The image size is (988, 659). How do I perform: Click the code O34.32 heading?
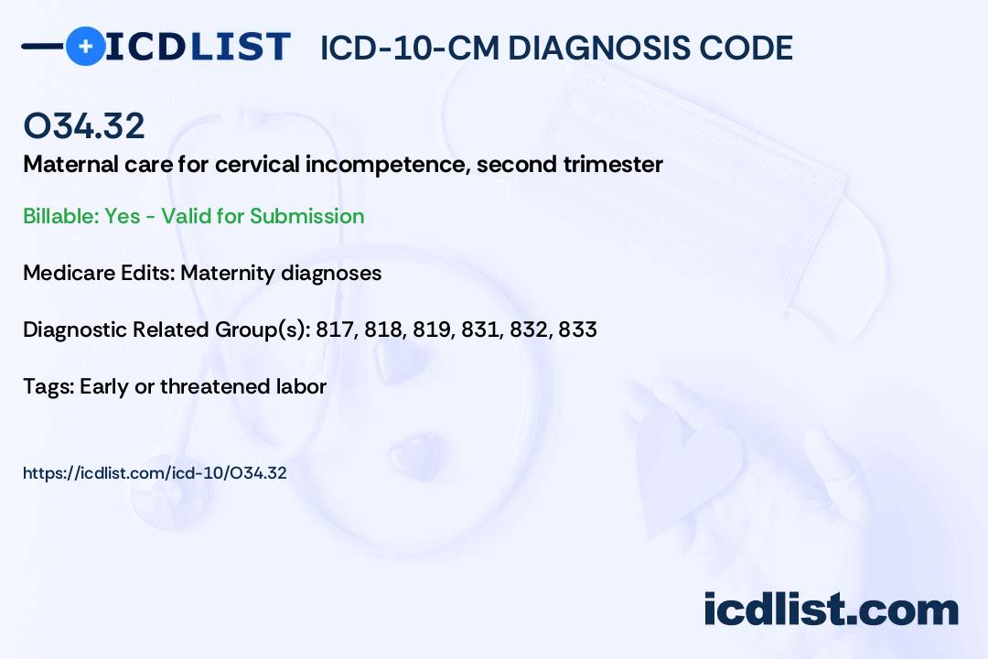coord(84,126)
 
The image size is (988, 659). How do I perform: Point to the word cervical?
coord(251,165)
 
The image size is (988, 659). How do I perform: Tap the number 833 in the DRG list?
coord(577,329)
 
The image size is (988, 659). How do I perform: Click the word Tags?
coord(48,386)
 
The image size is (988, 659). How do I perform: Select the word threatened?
coord(215,386)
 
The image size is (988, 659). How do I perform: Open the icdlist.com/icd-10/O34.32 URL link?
coord(155,473)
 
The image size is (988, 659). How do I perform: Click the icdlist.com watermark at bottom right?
coord(831,609)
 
